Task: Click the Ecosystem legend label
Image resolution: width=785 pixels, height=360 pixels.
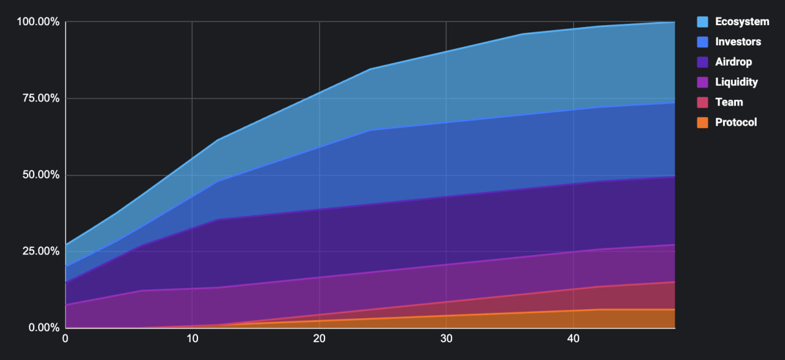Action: point(742,21)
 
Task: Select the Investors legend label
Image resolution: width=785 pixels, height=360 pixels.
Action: point(738,42)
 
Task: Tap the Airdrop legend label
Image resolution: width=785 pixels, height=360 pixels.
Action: point(733,62)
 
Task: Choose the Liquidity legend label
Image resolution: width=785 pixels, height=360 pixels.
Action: point(737,82)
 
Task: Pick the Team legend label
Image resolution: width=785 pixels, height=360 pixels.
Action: point(729,102)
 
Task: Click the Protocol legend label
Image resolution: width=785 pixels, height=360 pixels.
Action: point(736,123)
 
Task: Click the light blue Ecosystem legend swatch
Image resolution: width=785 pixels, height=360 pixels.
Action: point(703,21)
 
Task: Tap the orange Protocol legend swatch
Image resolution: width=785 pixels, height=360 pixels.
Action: point(703,123)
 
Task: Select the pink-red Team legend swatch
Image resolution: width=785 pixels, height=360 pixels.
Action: point(703,102)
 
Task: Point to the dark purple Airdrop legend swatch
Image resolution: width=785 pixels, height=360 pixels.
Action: point(703,62)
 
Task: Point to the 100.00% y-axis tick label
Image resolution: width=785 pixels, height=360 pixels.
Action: point(38,22)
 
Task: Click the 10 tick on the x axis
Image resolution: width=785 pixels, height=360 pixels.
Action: point(192,339)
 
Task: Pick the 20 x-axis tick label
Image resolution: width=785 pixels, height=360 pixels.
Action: point(319,339)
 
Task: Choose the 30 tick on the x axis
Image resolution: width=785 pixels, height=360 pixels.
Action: point(446,339)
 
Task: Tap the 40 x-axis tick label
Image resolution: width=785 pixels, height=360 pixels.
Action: point(573,339)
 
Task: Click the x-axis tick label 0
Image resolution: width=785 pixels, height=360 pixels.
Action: point(66,339)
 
